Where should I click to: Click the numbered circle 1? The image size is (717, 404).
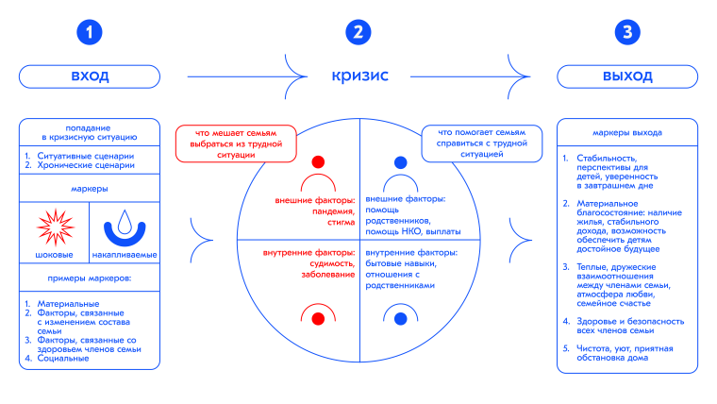(x=90, y=34)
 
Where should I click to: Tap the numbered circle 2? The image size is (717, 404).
(x=358, y=34)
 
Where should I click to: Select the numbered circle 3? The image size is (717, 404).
(x=627, y=34)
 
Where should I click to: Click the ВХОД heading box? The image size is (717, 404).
(x=90, y=76)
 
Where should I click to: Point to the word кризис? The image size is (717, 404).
(x=358, y=76)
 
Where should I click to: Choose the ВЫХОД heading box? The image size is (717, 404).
(x=627, y=76)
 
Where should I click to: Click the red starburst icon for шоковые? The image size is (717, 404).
(x=55, y=227)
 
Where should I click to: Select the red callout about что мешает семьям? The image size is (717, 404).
(x=235, y=143)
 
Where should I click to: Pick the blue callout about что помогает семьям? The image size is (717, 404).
(x=481, y=143)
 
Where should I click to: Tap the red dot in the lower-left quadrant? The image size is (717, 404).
(x=318, y=318)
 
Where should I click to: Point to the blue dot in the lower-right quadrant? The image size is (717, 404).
(x=400, y=318)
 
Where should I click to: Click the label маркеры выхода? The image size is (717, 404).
(x=627, y=133)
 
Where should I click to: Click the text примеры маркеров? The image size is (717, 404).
(x=90, y=278)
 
